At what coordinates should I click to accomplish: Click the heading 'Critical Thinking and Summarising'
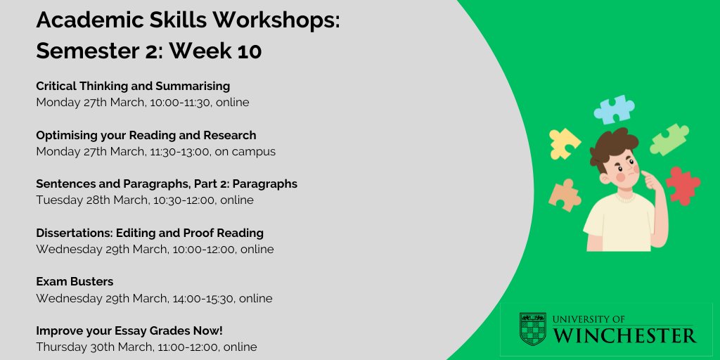pyautogui.click(x=133, y=86)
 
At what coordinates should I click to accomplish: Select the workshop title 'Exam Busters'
pyautogui.click(x=75, y=281)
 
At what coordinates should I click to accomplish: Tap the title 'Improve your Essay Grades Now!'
pyautogui.click(x=129, y=330)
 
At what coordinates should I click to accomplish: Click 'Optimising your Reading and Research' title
pyautogui.click(x=146, y=135)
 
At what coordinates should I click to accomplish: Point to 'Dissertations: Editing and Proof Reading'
pyautogui.click(x=150, y=233)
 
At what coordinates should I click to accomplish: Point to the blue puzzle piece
pyautogui.click(x=614, y=110)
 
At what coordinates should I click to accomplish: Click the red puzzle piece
pyautogui.click(x=682, y=185)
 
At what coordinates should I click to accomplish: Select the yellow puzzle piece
pyautogui.click(x=564, y=143)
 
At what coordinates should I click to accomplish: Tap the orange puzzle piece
pyautogui.click(x=565, y=195)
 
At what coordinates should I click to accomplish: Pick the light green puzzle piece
pyautogui.click(x=669, y=139)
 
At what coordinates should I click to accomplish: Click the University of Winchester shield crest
pyautogui.click(x=532, y=329)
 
